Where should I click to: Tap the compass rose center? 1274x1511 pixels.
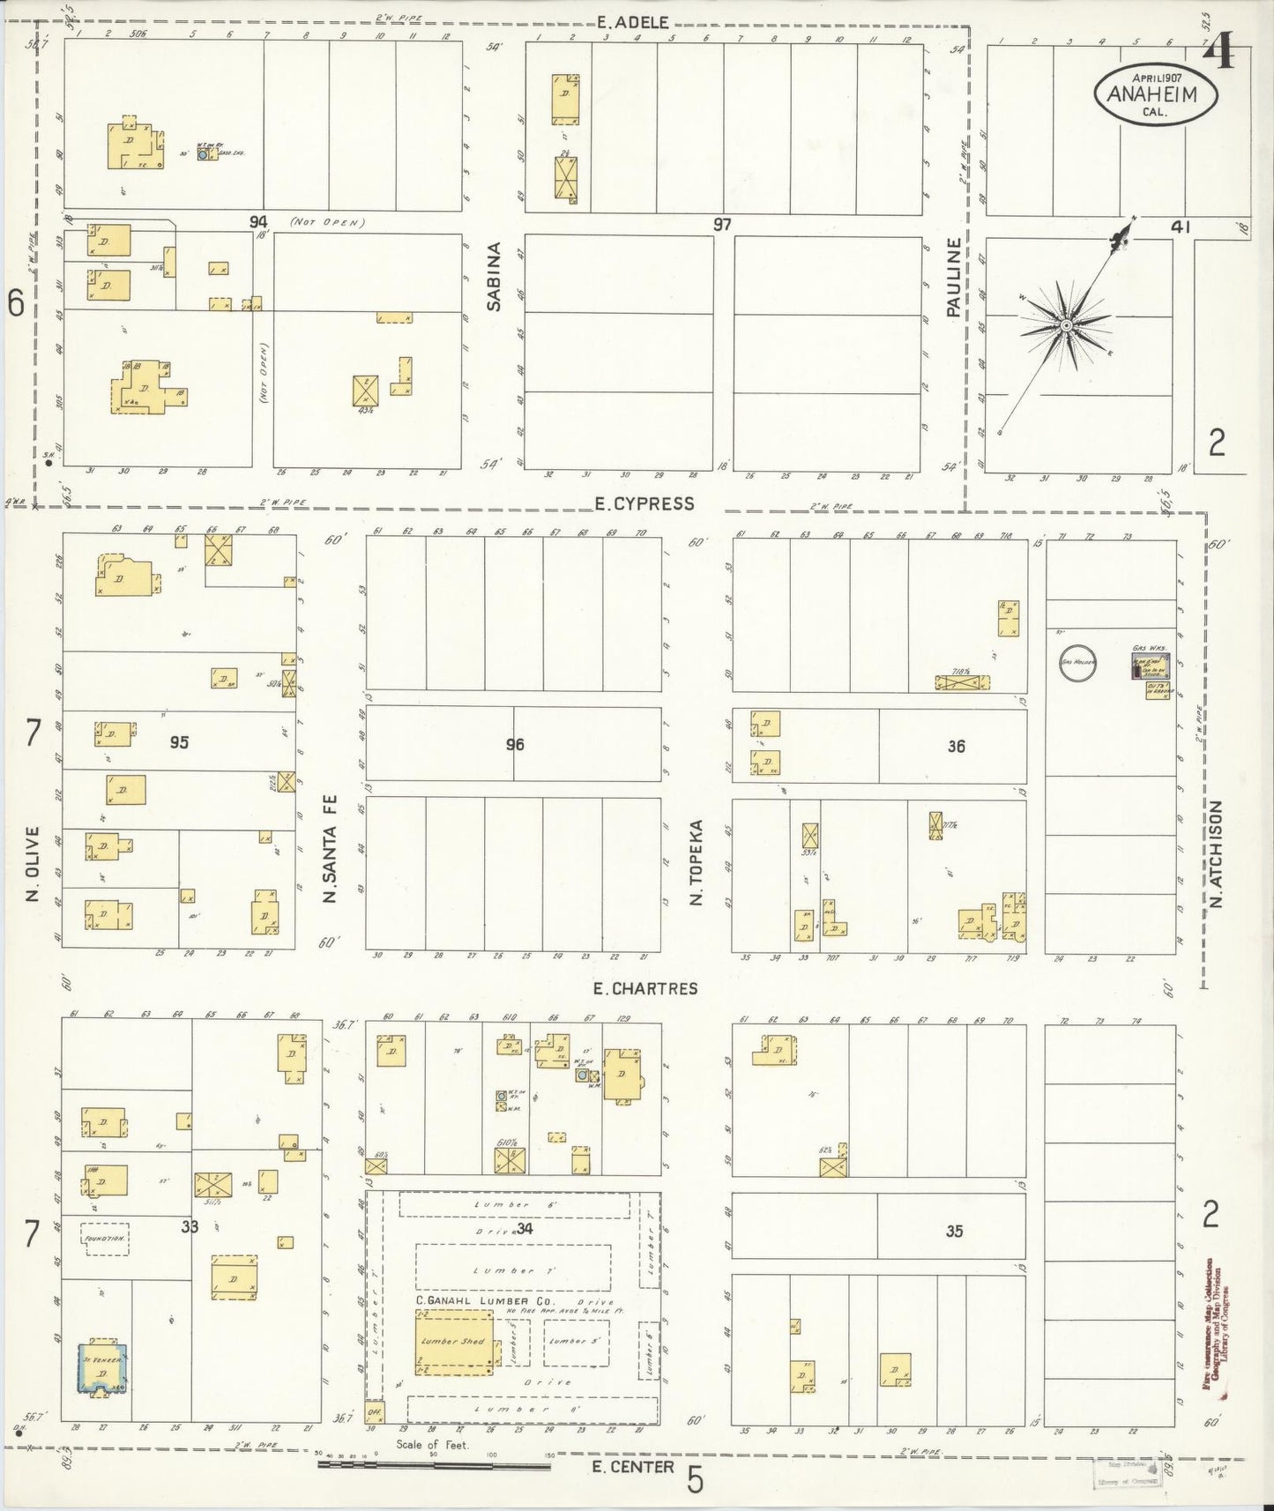point(1066,326)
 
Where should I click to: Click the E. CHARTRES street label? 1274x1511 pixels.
point(645,988)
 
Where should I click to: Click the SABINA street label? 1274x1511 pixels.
point(495,276)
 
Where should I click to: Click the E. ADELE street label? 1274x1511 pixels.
point(632,23)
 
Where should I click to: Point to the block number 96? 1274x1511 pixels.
point(515,745)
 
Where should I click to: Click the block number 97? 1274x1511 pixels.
point(723,225)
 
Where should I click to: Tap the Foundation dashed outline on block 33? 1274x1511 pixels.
point(105,1239)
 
